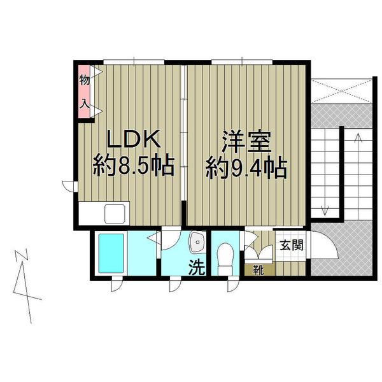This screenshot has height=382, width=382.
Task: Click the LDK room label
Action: click(132, 139)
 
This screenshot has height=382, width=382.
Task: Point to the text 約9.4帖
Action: click(245, 168)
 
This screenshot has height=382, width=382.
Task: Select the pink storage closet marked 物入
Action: click(84, 92)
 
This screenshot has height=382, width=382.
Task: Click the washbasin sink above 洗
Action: click(197, 242)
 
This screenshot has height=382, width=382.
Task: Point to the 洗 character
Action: click(197, 268)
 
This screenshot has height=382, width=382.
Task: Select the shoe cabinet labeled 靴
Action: click(258, 268)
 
